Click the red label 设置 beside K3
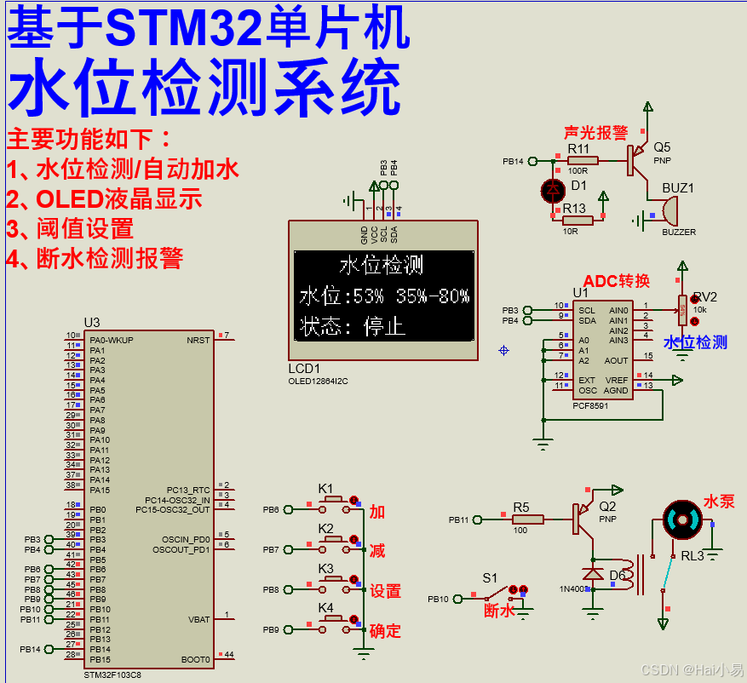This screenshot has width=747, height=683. (x=385, y=591)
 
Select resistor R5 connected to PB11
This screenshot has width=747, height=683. (x=527, y=519)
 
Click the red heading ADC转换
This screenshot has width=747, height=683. (x=616, y=281)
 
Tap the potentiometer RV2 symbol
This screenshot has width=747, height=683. (x=681, y=309)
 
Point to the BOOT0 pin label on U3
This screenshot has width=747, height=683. (x=195, y=659)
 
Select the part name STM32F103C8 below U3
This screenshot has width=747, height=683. (x=113, y=674)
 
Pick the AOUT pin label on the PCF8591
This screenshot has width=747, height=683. (x=616, y=361)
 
